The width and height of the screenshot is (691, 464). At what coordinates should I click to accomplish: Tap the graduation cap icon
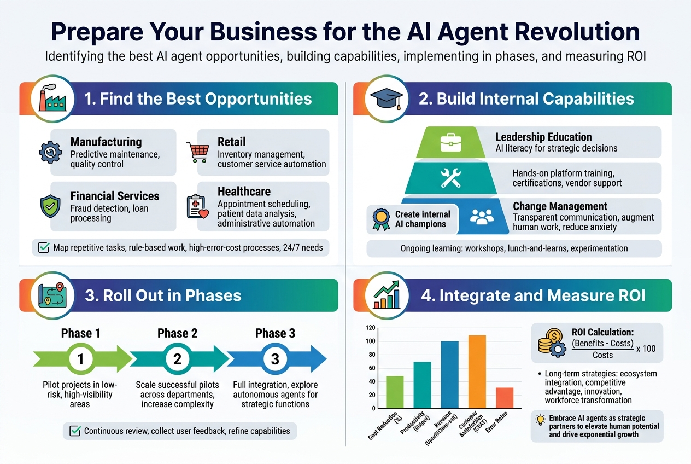[x=386, y=99]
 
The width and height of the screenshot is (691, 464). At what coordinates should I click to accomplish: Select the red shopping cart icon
[x=197, y=152]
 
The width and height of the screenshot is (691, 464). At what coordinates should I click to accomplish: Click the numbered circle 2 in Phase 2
[x=177, y=359]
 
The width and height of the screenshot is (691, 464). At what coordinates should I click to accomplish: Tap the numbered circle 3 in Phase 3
[x=275, y=359]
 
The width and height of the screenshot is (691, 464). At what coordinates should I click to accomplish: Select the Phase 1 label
[x=80, y=333]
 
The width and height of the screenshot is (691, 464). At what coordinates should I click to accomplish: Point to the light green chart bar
[x=395, y=392]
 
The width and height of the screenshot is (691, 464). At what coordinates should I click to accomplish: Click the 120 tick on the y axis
[x=370, y=328]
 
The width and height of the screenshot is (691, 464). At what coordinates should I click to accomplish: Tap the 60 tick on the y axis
[x=371, y=368]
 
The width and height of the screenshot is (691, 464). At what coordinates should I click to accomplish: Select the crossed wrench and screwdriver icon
[x=451, y=178]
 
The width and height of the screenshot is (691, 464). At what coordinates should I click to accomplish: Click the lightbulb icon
[x=541, y=420]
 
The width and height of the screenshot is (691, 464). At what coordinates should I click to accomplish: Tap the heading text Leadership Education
[x=543, y=137]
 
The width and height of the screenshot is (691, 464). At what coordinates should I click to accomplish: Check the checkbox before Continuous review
[x=75, y=431]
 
